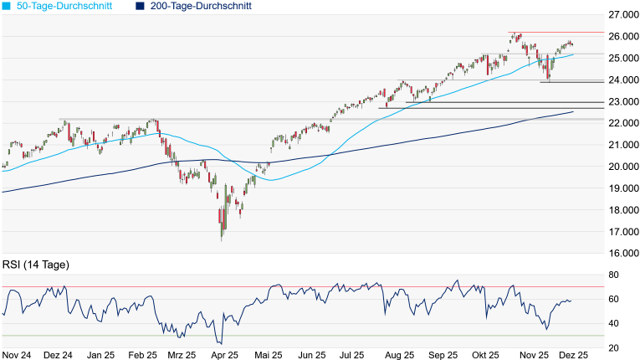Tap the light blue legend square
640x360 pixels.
7,6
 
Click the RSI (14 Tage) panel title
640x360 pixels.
36,265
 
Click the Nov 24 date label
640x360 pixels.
18,355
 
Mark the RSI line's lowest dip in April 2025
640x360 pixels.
221,343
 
